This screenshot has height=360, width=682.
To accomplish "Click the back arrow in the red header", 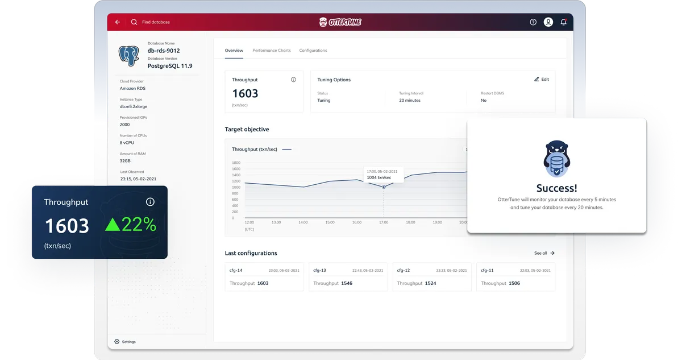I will pos(118,22).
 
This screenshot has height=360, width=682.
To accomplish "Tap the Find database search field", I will pos(156,22).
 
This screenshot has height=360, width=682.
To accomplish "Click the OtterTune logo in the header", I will pos(340,22).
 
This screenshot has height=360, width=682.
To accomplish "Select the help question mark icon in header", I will pos(533,22).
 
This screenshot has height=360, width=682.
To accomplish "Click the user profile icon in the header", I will pos(548,22).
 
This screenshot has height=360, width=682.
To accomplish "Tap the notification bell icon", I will pos(563,22).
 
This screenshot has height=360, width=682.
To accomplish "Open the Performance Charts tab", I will pos(272,51).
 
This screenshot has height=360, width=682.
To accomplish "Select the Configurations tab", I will pos(313,51).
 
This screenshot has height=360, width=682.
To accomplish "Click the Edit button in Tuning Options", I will pos(542,80).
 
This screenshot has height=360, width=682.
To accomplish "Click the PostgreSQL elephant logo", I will pos(129,56).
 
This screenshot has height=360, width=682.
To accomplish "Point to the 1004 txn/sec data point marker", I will pos(384,187).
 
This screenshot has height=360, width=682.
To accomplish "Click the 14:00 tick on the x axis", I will pos(303,222).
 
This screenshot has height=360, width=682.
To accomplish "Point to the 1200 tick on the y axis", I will pos(236,181).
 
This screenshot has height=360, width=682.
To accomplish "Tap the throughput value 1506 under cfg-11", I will pos(514,283).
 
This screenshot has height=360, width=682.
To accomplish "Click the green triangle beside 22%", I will pos(113,225).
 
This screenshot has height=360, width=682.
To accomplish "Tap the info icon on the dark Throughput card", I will pos(150,202).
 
